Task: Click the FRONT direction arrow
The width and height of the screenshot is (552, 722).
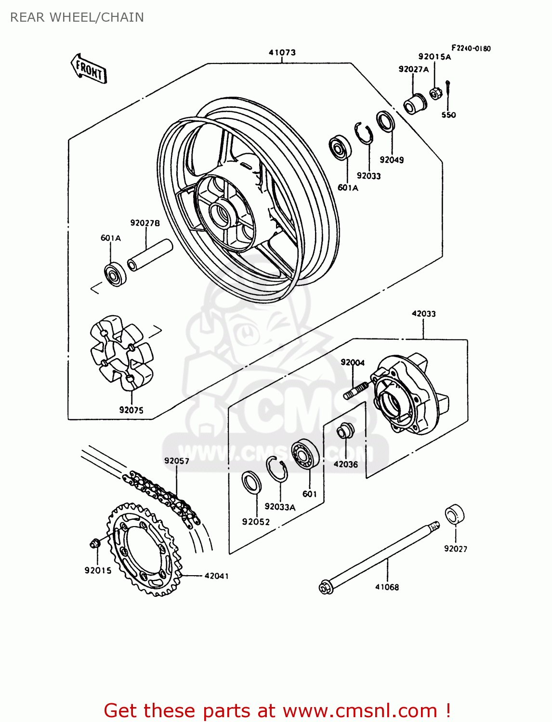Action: pos(89,69)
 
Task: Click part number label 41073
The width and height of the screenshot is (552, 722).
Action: pos(282,52)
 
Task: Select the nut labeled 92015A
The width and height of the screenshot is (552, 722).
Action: pos(434,93)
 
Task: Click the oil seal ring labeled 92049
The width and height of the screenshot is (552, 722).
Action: pos(385,121)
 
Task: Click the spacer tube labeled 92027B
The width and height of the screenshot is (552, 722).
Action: pos(149,255)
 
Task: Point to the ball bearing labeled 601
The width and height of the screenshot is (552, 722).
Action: pos(305,453)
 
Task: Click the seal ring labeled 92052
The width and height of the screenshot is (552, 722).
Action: pos(251,483)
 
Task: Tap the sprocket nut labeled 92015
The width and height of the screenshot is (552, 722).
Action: pos(95,543)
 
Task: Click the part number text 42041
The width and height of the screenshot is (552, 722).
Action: pos(216,576)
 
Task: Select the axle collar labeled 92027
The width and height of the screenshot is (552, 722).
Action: pos(454,515)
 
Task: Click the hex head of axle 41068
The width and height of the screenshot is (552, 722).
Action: pos(325,587)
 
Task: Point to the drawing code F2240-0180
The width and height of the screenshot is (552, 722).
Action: pos(471,48)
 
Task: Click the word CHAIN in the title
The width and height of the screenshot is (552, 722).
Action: pos(122,17)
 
